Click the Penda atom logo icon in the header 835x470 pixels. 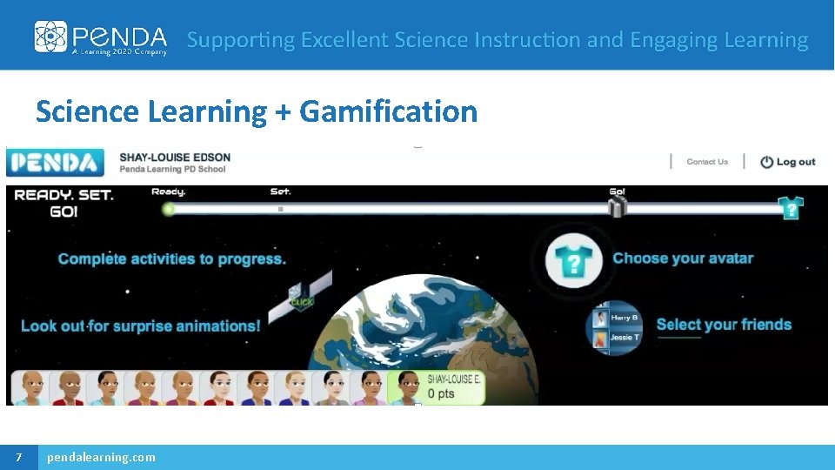click(x=50, y=37)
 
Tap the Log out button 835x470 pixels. click(x=788, y=162)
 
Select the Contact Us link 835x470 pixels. click(x=706, y=162)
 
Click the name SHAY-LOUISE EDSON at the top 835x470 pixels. click(x=175, y=158)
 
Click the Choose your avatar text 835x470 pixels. click(x=683, y=258)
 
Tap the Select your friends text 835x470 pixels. click(x=724, y=325)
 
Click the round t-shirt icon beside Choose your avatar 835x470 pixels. click(x=574, y=259)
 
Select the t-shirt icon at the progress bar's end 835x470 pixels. click(x=790, y=208)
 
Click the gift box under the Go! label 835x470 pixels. click(x=617, y=207)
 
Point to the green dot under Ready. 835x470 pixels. click(x=169, y=209)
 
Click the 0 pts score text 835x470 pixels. click(x=441, y=393)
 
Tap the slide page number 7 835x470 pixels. click(x=18, y=457)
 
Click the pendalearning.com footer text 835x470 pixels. click(x=102, y=457)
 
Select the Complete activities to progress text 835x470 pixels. click(x=171, y=258)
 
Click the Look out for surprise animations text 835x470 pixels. click(x=141, y=326)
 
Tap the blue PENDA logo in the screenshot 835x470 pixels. click(x=55, y=163)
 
